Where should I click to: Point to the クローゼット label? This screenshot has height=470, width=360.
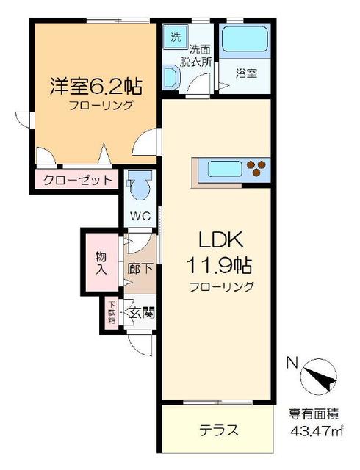[77, 179]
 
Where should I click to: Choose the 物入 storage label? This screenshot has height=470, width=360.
[101, 262]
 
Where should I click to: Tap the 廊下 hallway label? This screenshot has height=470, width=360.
[140, 269]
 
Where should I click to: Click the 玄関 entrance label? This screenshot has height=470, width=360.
[142, 311]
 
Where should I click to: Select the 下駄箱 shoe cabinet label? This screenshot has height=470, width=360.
[112, 311]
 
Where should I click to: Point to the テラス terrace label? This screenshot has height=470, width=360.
[219, 430]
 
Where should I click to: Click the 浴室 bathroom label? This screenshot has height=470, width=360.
[246, 73]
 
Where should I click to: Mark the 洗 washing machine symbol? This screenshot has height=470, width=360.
[176, 37]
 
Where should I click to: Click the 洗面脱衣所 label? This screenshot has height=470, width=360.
[199, 57]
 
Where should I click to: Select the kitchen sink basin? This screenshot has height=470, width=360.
[220, 169]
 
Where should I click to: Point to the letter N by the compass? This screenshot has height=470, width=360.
[292, 362]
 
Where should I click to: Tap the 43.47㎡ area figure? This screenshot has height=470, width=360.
[317, 433]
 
